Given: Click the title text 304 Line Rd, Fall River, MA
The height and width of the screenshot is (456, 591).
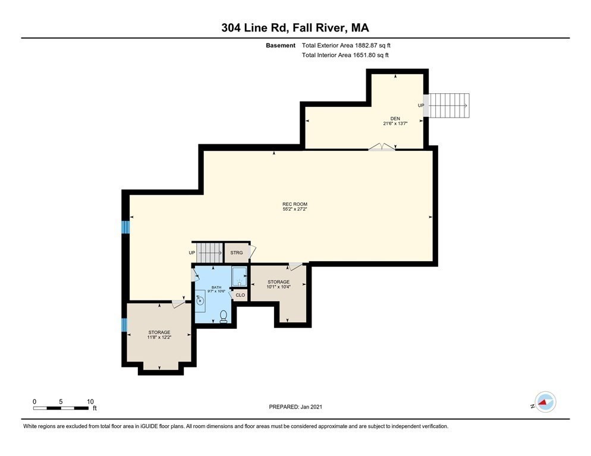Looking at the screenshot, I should pos(295,28).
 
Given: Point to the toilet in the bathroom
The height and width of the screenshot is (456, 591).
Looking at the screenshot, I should pos(224,316).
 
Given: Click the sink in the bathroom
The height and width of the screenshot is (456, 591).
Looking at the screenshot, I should pos(200,300).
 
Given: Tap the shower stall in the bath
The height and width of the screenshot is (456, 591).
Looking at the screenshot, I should pos(239,277).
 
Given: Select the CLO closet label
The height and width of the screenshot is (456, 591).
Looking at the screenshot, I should pos(240,295).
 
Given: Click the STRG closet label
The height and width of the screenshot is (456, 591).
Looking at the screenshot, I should pos(237,253).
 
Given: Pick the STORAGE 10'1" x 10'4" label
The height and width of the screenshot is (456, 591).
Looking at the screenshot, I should pos(278,284).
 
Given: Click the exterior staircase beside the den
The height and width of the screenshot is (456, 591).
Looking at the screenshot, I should pos(449,106).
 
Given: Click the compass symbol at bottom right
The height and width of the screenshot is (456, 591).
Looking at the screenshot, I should pos(545,402).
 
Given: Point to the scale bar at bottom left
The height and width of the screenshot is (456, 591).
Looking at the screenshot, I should pos(62,408).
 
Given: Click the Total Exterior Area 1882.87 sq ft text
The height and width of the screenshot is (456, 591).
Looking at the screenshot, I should pos(346,45).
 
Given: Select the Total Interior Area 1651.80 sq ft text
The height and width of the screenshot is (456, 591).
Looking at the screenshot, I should pos(345,55).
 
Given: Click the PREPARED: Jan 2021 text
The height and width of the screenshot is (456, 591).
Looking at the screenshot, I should pos(295,407).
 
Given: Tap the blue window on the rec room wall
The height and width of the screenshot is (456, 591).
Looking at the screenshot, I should pos(125,227).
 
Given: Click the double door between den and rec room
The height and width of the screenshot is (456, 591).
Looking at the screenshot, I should pos(381,147).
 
